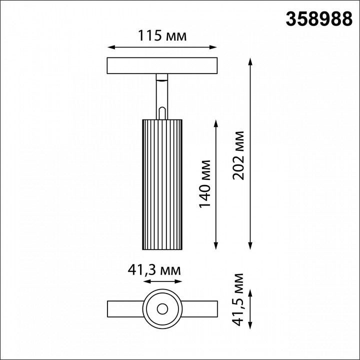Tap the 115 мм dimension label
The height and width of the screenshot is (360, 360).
(162, 36)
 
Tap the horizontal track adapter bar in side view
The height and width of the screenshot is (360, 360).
(162, 66)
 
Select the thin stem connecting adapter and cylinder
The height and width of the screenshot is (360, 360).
(162, 95)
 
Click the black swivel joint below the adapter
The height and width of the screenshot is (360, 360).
(162, 77)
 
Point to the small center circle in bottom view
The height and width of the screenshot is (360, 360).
(162, 308)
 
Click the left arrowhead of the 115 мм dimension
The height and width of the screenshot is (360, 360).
(111, 48)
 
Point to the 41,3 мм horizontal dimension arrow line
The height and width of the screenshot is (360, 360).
(162, 282)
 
